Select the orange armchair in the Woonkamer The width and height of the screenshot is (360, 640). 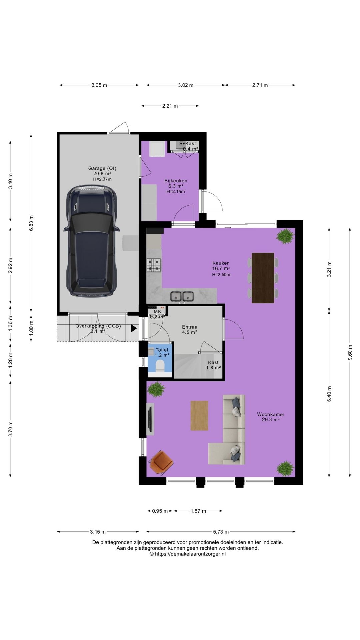(x=161, y=462)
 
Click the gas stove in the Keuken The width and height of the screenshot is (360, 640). (x=154, y=265)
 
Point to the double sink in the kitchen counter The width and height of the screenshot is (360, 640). (x=182, y=296)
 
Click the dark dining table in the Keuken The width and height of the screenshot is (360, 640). (x=263, y=278)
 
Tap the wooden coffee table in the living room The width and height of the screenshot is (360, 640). (x=199, y=415)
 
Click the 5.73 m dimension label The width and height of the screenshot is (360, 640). (x=221, y=532)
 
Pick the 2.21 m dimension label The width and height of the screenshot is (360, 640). (x=170, y=106)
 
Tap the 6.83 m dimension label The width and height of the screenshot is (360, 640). (x=31, y=223)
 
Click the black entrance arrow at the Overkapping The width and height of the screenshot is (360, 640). (x=134, y=328)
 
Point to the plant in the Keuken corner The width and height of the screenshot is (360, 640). (x=285, y=236)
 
